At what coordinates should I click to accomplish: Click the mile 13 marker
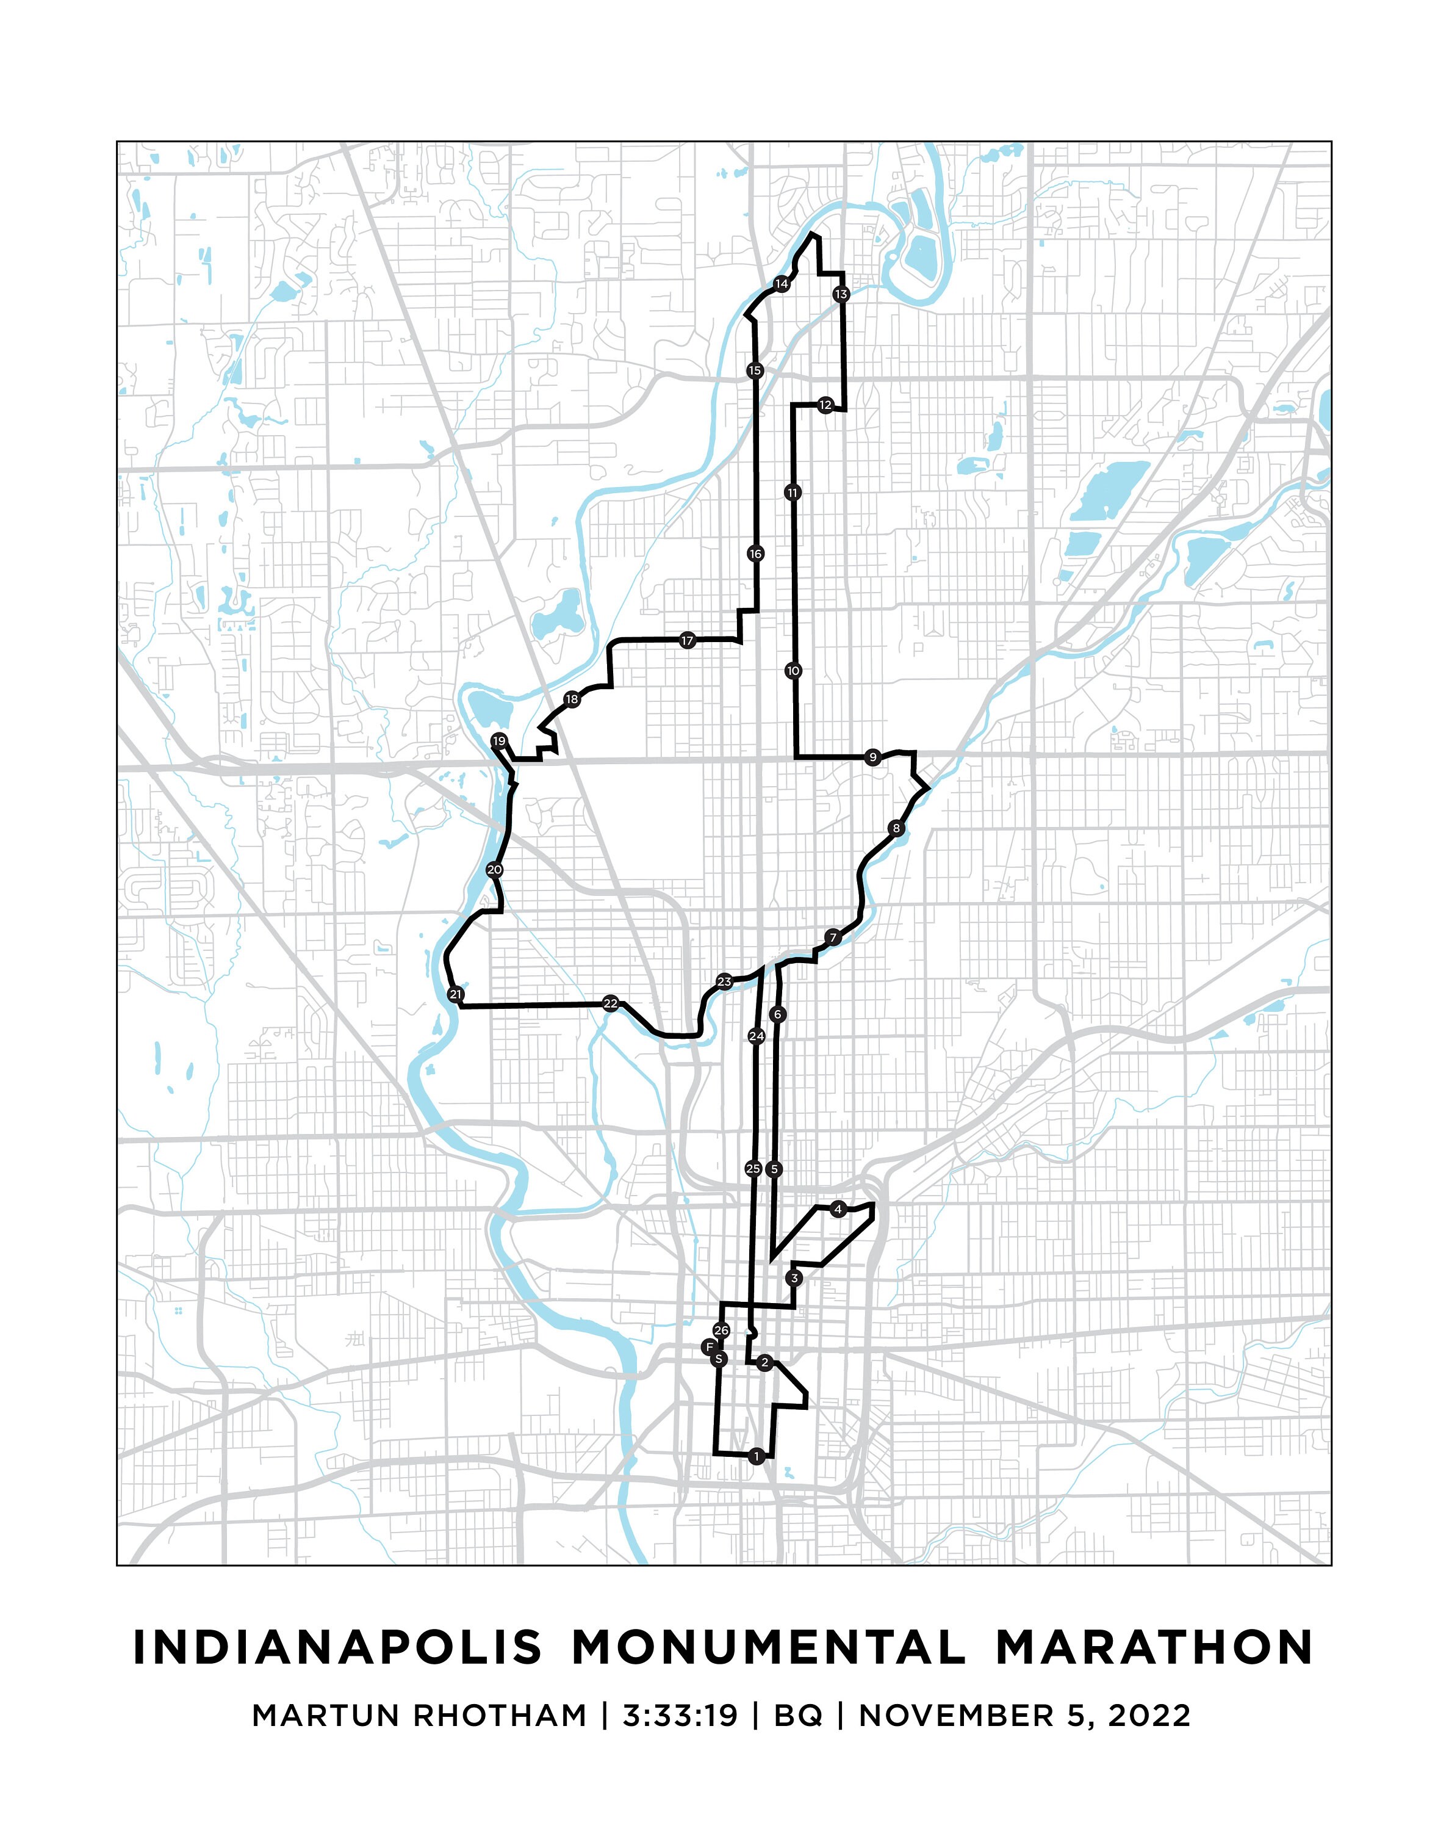pos(841,294)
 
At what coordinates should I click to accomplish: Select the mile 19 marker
pos(499,741)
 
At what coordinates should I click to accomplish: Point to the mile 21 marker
pos(456,995)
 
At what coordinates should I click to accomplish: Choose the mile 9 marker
pos(872,757)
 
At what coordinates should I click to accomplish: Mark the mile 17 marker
pos(687,641)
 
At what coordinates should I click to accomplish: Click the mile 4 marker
pos(837,1210)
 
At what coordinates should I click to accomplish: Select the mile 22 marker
pos(610,1003)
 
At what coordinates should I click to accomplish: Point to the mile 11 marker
pos(793,492)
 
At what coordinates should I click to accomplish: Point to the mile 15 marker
pos(754,370)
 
